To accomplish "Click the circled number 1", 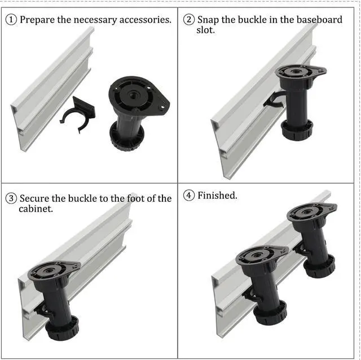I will coord(11,20).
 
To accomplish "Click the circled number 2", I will coord(190,20).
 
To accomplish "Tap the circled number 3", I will coord(11,198).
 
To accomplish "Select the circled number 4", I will coord(190,195).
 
